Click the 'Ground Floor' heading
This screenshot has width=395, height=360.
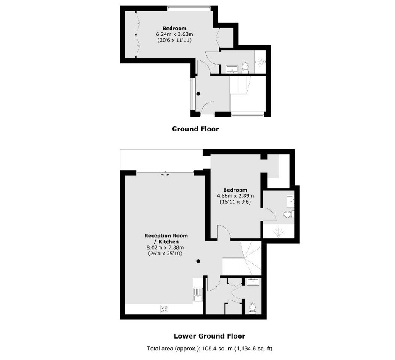195,129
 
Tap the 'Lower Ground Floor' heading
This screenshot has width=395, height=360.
209,336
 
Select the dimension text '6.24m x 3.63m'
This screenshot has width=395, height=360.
174,34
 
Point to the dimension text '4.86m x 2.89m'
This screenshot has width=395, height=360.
235,196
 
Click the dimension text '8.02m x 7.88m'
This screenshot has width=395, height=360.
165,247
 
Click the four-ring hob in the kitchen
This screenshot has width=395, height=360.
164,309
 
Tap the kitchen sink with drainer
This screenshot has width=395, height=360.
198,294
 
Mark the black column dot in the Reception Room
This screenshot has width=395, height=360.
198,261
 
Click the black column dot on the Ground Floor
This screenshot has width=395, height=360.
198,94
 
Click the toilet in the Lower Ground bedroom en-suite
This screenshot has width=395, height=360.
288,215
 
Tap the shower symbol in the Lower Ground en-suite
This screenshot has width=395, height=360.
279,231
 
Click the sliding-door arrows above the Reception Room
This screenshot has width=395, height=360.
165,174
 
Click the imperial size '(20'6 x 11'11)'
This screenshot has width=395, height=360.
174,40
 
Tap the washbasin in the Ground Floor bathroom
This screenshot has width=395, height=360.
232,69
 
